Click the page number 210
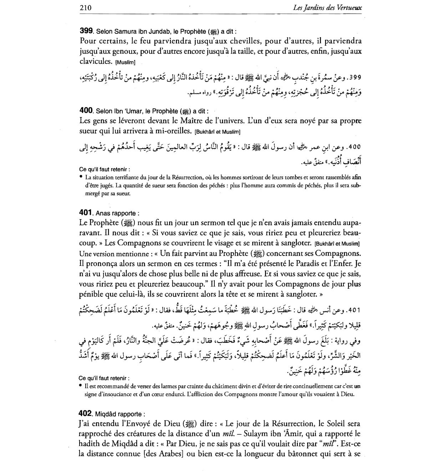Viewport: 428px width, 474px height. click(x=86, y=7)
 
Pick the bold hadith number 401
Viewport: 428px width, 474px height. click(x=86, y=213)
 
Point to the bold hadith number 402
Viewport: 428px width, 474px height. click(x=86, y=414)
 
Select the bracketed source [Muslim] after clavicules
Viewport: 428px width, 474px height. click(x=125, y=62)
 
